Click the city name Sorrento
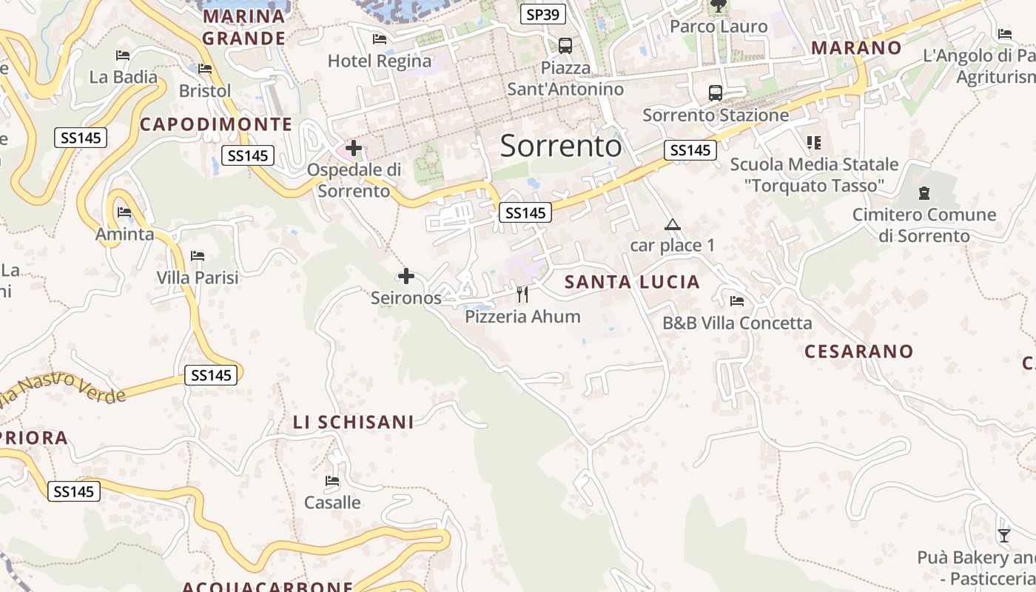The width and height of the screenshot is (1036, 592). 561,147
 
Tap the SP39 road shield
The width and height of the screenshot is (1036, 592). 543,14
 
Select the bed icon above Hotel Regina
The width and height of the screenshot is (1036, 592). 380,38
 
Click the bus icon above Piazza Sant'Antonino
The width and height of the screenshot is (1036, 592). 565,45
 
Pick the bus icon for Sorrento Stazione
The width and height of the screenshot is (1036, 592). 716,93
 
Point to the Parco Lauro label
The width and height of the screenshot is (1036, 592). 718,27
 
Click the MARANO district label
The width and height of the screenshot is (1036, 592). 856,48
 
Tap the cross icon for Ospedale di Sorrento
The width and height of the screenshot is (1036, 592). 354,148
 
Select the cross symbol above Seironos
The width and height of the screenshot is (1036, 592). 406,276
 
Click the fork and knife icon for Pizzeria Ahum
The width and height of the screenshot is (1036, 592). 522,295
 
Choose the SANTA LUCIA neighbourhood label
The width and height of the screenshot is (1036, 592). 632,282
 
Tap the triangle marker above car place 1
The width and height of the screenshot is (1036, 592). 672,224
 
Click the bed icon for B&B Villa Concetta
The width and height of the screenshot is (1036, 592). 737,300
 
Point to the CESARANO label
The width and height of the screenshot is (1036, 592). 858,351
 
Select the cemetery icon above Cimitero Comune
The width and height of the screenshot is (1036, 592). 924,193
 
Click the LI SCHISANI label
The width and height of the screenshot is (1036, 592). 353,423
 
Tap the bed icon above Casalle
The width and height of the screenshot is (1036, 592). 332,481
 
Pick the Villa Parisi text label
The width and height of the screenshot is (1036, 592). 198,278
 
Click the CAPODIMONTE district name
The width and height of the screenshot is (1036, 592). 216,124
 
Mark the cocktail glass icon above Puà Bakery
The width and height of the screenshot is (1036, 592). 1003,535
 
